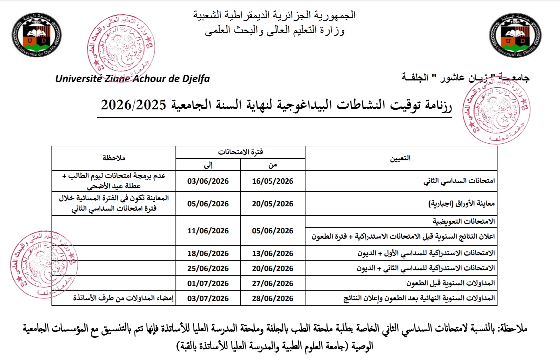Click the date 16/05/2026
click(x=273, y=181)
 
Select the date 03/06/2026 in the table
click(x=208, y=181)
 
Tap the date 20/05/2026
click(x=273, y=204)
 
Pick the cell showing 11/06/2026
click(x=208, y=231)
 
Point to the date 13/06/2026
click(x=273, y=253)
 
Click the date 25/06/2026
click(x=208, y=268)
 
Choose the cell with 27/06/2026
click(x=273, y=283)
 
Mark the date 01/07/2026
click(x=208, y=283)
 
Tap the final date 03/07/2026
click(x=208, y=298)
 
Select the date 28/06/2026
click(x=273, y=298)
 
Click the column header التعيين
click(x=400, y=158)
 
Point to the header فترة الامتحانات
click(x=240, y=152)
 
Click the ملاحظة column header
click(x=114, y=158)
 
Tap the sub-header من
click(x=273, y=165)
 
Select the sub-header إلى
click(x=208, y=165)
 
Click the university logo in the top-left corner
click(x=37, y=35)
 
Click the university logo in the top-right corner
click(x=515, y=35)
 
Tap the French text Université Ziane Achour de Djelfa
click(x=133, y=79)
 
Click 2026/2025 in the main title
click(x=133, y=105)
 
